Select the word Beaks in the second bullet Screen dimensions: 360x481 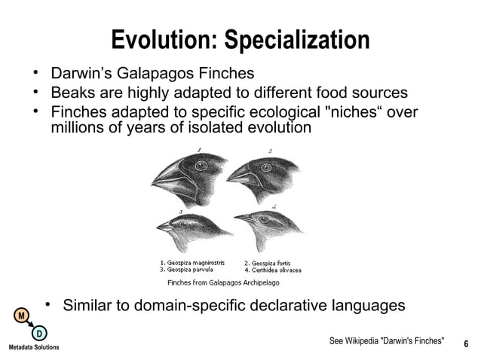pos(72,93)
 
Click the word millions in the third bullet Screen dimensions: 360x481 pos(78,128)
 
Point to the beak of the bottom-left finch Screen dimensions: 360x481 pos(165,226)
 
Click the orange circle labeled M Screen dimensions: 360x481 pos(23,314)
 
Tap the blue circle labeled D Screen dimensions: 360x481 pos(38,334)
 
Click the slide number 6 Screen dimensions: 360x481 pos(466,344)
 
